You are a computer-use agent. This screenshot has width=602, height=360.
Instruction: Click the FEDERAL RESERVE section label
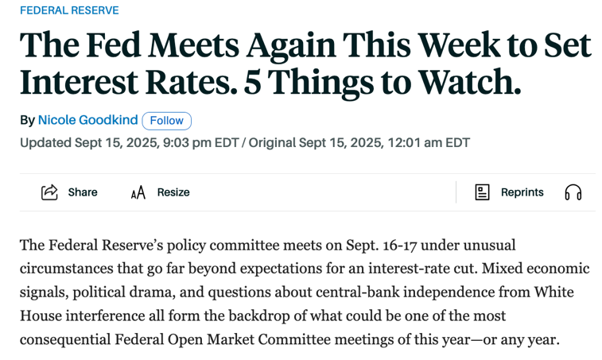click(69, 10)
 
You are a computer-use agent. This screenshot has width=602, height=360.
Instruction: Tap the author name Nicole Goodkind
click(87, 120)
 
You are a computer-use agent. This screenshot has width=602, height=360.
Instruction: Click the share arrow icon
click(49, 192)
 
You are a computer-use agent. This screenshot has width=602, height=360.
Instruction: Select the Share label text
click(83, 192)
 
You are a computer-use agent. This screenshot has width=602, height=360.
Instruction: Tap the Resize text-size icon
click(138, 192)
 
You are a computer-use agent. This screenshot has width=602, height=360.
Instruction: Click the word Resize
click(173, 192)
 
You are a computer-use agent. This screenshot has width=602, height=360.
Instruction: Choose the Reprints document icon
click(482, 192)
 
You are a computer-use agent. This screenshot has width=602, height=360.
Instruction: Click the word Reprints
click(522, 192)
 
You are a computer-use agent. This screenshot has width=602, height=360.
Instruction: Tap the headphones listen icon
click(573, 192)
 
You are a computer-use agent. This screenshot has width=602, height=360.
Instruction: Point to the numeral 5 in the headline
click(253, 82)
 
